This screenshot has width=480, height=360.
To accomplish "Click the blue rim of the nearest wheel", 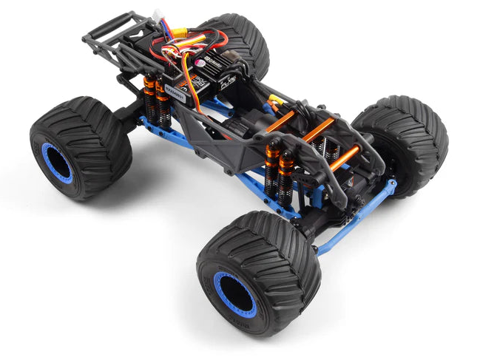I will tap(234, 293).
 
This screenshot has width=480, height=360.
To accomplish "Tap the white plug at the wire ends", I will tap(158, 16).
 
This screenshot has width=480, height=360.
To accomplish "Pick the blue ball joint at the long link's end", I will tap(390, 184).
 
